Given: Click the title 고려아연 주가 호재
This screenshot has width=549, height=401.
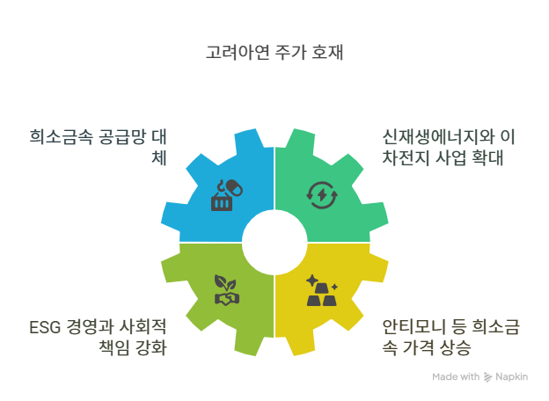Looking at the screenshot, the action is coord(274,52).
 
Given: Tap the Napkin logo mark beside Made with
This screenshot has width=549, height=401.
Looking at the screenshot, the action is coord(487,376).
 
